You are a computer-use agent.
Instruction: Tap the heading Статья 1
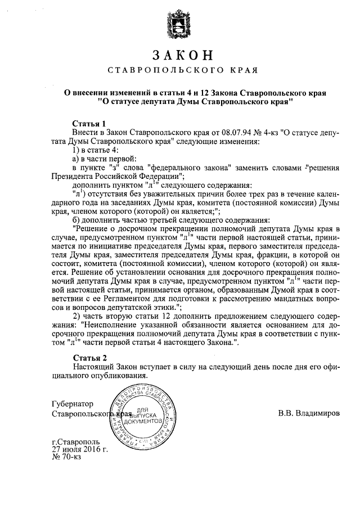pos(89,123)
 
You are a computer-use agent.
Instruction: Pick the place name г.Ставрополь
pos(76,442)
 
